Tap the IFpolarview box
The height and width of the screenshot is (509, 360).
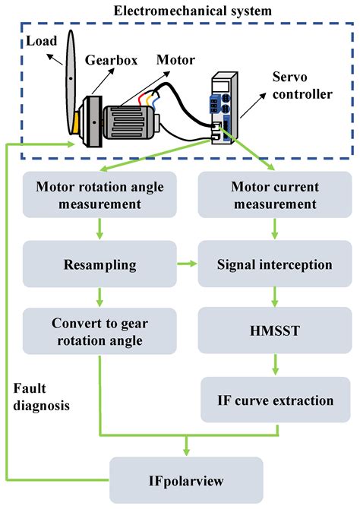(186, 479)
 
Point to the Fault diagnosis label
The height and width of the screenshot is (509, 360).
(42, 397)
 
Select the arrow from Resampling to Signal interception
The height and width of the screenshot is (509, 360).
(185, 265)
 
